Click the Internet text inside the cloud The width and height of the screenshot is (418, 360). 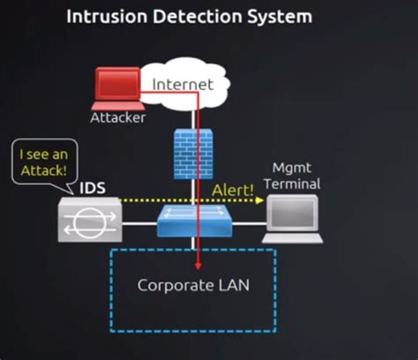(x=183, y=85)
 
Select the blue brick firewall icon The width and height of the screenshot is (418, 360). (x=192, y=154)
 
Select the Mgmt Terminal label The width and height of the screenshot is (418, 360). (x=295, y=176)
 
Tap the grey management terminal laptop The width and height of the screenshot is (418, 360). (x=295, y=218)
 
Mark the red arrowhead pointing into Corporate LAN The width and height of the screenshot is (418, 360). (x=198, y=265)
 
